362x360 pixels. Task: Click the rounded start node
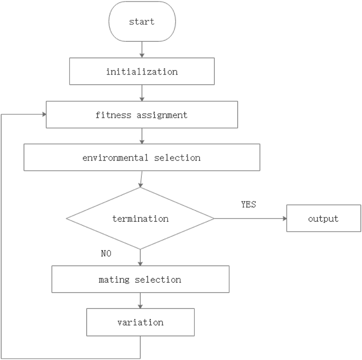pyautogui.click(x=142, y=21)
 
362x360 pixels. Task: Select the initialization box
pyautogui.click(x=142, y=72)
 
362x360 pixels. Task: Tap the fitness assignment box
pyautogui.click(x=142, y=115)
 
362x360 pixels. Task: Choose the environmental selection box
pyautogui.click(x=142, y=157)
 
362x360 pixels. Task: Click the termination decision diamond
pyautogui.click(x=140, y=219)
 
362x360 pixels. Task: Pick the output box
pyautogui.click(x=323, y=219)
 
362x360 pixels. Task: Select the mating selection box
pyautogui.click(x=140, y=279)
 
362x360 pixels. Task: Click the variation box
pyautogui.click(x=140, y=322)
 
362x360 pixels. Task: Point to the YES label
pyautogui.click(x=248, y=204)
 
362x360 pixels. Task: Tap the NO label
pyautogui.click(x=106, y=253)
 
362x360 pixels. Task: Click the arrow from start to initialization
pyautogui.click(x=142, y=49)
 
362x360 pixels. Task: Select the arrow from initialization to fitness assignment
pyautogui.click(x=142, y=93)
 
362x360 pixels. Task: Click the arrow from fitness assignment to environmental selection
pyautogui.click(x=142, y=136)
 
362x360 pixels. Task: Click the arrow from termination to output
pyautogui.click(x=250, y=219)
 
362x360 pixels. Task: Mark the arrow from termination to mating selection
pyautogui.click(x=140, y=258)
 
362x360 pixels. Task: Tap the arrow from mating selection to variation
pyautogui.click(x=140, y=300)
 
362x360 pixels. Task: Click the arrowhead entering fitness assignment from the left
pyautogui.click(x=43, y=115)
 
